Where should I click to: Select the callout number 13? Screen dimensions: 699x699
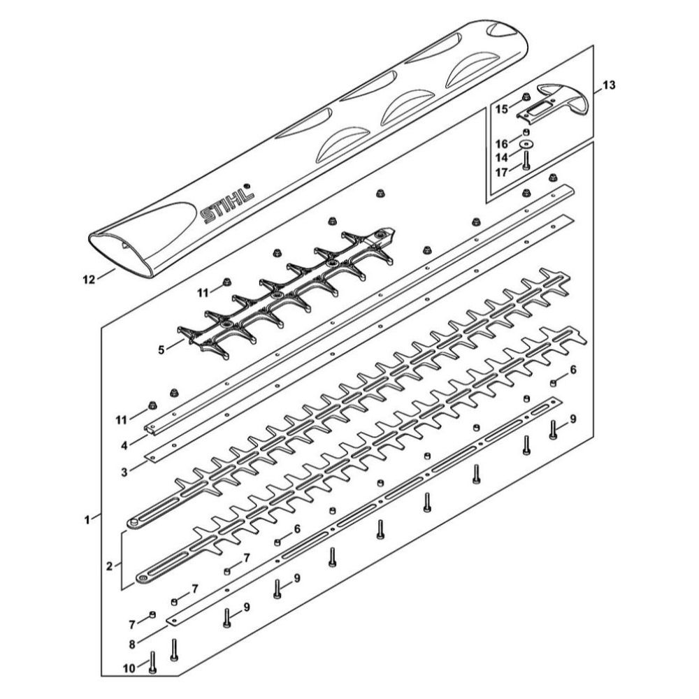coord(609,85)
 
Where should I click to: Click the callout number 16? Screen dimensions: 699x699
coord(501,144)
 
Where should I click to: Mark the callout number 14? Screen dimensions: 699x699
coord(501,157)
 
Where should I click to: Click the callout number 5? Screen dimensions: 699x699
coord(161,349)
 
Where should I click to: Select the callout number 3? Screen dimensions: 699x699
coord(124,472)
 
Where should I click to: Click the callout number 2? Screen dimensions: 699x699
coord(109,565)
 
